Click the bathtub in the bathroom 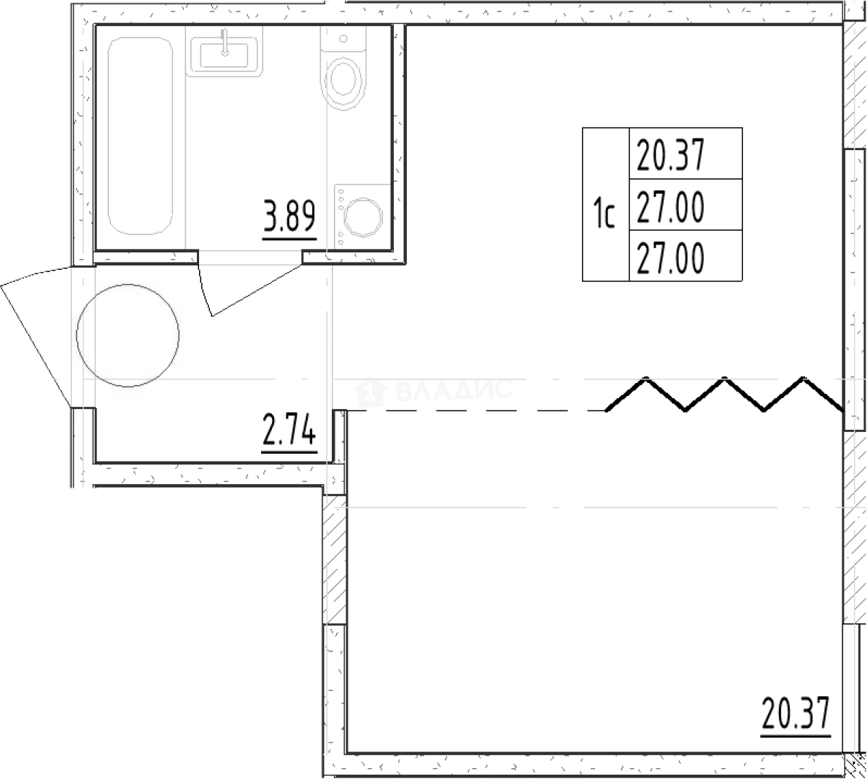[141, 136]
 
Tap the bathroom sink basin [224, 55]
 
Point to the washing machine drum [363, 217]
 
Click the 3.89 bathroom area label [289, 216]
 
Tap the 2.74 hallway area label [289, 430]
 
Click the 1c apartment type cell [606, 204]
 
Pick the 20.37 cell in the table [685, 153]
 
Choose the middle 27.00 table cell [685, 205]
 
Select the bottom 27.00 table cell [685, 256]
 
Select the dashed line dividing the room [476, 411]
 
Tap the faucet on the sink [224, 43]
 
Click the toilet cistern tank [343, 39]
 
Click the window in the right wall [854, 289]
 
